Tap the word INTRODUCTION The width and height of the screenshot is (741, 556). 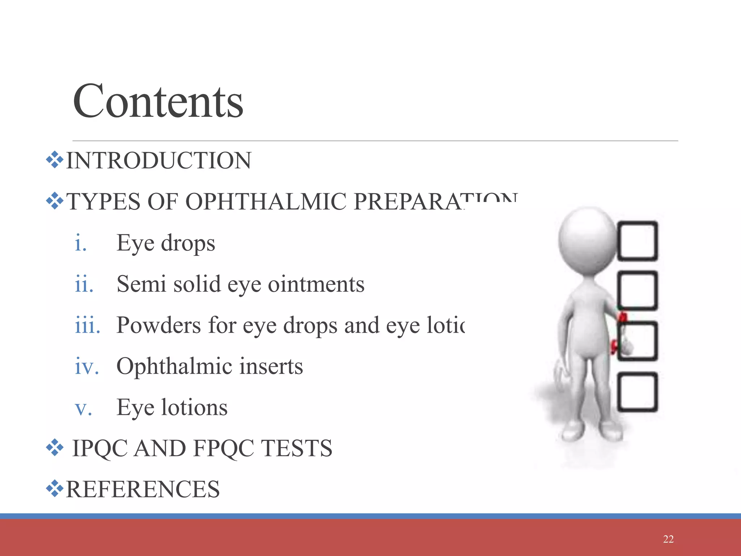click(158, 161)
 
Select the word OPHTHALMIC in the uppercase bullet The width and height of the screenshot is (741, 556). click(266, 201)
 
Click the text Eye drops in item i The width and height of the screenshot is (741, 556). click(166, 243)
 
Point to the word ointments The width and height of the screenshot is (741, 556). click(316, 284)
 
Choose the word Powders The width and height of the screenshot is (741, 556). click(158, 325)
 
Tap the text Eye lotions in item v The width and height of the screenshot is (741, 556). click(172, 408)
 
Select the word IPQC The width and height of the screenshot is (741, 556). click(100, 448)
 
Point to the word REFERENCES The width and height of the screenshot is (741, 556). click(143, 489)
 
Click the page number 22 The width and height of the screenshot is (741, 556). click(668, 539)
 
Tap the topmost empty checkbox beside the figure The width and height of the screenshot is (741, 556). click(638, 241)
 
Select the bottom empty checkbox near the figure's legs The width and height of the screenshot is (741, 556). click(638, 392)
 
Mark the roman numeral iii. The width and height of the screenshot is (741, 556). click(87, 325)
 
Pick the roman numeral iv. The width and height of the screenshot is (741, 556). click(86, 366)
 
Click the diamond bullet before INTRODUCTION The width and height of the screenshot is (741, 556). click(55, 160)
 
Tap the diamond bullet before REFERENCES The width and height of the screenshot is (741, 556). click(55, 489)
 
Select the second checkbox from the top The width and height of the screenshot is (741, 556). click(638, 291)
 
